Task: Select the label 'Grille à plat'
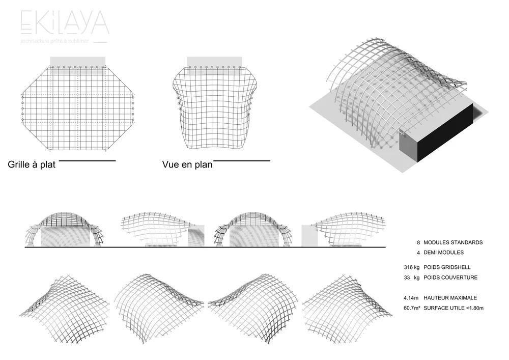tap(32, 165)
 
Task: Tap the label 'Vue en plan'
tap(187, 165)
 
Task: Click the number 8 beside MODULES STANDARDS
tap(418, 242)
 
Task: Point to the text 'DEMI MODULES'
tap(443, 252)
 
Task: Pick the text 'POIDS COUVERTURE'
tap(450, 278)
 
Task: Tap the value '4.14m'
tap(411, 298)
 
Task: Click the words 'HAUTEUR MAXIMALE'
tap(450, 298)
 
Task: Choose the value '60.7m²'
tap(412, 308)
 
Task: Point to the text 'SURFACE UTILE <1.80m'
tap(453, 308)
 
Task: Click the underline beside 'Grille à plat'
tap(88, 161)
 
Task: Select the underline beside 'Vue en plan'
tap(241, 161)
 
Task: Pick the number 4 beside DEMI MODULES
tap(418, 252)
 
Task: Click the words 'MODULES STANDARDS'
tap(453, 242)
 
